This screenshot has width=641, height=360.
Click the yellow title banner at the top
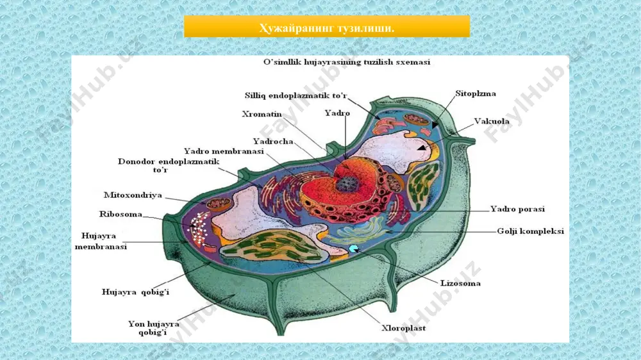(x=327, y=26)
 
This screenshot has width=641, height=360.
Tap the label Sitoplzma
(x=476, y=94)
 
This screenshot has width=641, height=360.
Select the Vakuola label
(x=492, y=121)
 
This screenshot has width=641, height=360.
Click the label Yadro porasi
(x=517, y=209)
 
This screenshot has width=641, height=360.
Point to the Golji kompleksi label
(x=530, y=231)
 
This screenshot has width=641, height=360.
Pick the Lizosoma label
(x=460, y=283)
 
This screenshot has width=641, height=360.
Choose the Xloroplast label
(x=403, y=328)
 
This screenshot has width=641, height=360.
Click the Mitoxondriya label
(x=133, y=195)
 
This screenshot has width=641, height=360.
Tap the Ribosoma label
(x=121, y=214)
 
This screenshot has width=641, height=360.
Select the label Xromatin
(x=262, y=114)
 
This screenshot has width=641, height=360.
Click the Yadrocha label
(x=272, y=142)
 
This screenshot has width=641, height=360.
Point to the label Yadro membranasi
(x=224, y=151)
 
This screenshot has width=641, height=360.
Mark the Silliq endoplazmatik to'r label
(x=296, y=95)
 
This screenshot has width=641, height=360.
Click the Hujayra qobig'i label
(x=135, y=292)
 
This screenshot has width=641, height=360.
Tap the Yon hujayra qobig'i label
(x=153, y=328)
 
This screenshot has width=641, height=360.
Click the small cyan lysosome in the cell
(x=353, y=249)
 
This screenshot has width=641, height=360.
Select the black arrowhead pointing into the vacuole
(x=422, y=147)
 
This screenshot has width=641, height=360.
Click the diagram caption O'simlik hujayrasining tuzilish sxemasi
(x=347, y=62)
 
